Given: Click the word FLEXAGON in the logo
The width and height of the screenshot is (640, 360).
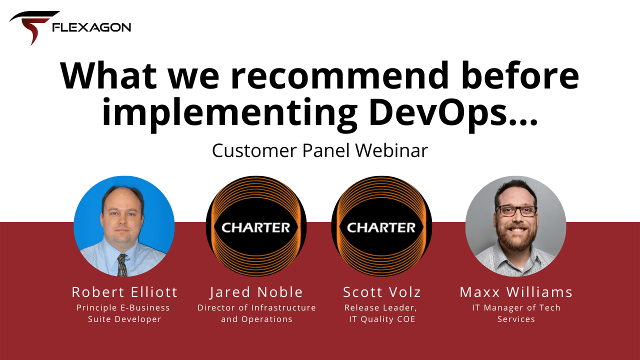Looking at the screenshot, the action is coord(91,27).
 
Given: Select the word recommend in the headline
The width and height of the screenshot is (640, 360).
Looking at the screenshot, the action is coord(340,76).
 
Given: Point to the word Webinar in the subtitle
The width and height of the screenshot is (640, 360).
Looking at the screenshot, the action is coord(391,150).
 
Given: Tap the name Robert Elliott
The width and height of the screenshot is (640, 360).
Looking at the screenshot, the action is coord(124,292).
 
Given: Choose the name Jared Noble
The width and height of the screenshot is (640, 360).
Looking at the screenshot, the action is coord(256,292).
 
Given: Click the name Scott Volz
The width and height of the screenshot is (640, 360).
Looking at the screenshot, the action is coord(382,292).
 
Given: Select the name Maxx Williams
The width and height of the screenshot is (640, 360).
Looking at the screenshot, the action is coord(516,292).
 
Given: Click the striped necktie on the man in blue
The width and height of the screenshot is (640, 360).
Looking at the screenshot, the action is coord(122,265).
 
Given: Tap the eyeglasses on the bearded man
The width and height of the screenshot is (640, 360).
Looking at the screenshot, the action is coord(516,211).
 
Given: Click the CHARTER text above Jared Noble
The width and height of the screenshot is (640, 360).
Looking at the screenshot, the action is coord(256,227).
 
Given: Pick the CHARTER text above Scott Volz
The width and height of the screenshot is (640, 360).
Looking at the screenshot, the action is coord(381,227).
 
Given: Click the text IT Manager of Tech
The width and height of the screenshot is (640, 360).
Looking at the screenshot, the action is coord(516,307).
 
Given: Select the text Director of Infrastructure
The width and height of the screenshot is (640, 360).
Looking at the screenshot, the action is coord(256,307).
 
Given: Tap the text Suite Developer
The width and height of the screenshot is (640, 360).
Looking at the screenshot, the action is coord(124,319).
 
